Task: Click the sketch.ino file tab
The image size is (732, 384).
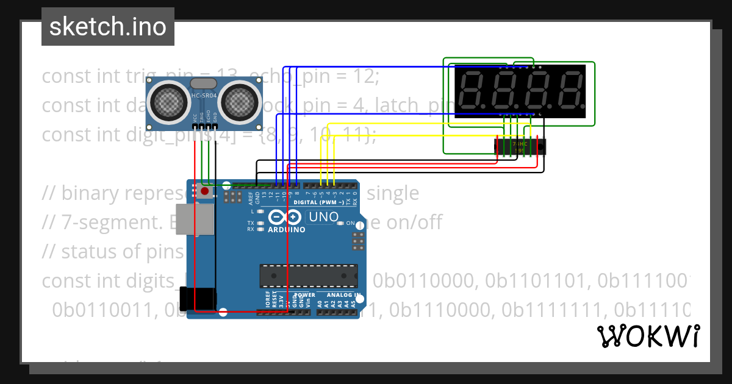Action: click(107, 27)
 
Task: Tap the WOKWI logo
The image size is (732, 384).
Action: click(648, 336)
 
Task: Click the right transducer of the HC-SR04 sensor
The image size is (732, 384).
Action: click(238, 101)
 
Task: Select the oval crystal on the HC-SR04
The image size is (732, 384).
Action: click(203, 83)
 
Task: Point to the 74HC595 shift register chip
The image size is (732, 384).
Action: click(519, 146)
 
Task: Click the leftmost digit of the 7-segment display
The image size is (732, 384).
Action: click(472, 91)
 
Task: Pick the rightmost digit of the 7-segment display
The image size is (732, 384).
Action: click(569, 91)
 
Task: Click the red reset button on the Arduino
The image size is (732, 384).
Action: click(204, 191)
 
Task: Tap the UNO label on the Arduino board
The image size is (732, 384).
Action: click(323, 217)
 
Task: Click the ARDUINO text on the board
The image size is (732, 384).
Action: click(286, 230)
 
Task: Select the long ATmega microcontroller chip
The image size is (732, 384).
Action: click(308, 276)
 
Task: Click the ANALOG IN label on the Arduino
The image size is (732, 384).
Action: click(339, 295)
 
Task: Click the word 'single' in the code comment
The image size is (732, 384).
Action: click(393, 193)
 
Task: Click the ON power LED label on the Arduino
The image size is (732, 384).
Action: click(351, 224)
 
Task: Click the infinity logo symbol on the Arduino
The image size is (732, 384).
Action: click(284, 217)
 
